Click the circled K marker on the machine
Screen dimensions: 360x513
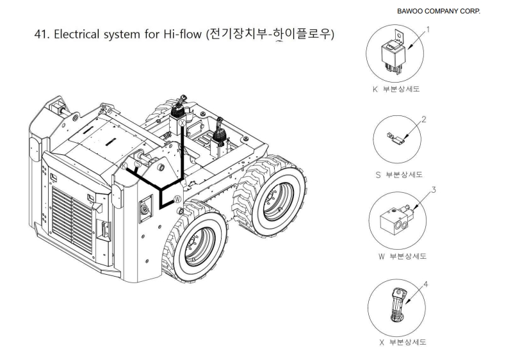coord(124,165)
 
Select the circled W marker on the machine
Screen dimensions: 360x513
coord(177,199)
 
